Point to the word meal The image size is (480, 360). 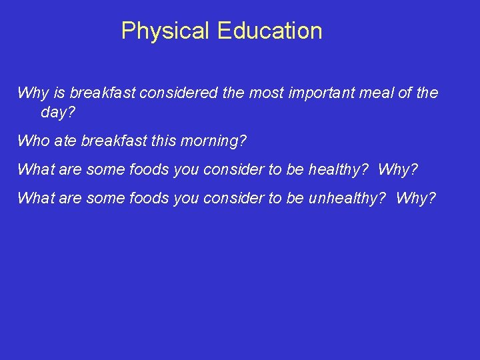pos(377,93)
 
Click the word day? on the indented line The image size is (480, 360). pos(58,113)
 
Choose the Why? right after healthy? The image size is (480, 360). pos(397,169)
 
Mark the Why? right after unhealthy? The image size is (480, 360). pos(415,198)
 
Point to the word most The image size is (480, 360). pos(267,93)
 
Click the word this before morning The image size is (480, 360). pos(165,141)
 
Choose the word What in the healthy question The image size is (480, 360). pos(35,169)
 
